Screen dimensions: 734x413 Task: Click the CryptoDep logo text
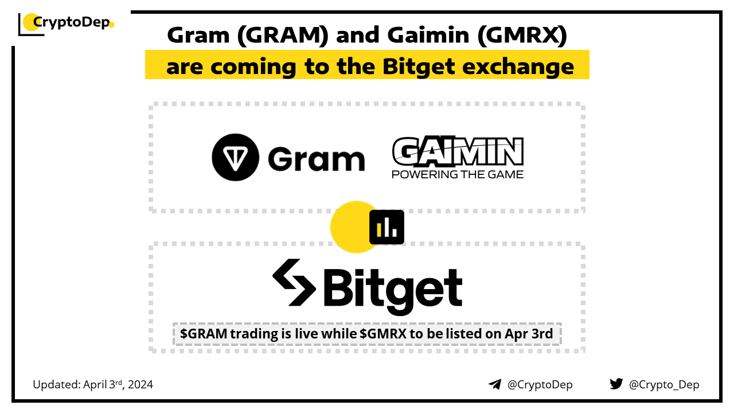pyautogui.click(x=72, y=22)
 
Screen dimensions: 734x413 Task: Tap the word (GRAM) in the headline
pyautogui.click(x=283, y=35)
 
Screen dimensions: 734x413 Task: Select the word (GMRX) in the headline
pyautogui.click(x=522, y=35)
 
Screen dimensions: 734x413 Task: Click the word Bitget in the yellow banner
pyautogui.click(x=419, y=67)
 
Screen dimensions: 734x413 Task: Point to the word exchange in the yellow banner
pyautogui.click(x=518, y=67)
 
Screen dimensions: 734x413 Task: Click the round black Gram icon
pyautogui.click(x=235, y=157)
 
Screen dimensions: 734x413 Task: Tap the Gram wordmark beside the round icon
pyautogui.click(x=316, y=158)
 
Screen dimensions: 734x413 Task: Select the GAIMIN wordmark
pyautogui.click(x=458, y=151)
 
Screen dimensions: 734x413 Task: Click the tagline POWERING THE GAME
pyautogui.click(x=458, y=174)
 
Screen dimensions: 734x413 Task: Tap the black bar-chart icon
pyautogui.click(x=386, y=227)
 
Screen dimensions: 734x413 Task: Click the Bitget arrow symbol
pyautogui.click(x=294, y=283)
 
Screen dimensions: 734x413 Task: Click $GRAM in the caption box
pyautogui.click(x=204, y=334)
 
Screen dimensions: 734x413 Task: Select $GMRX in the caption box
pyautogui.click(x=383, y=334)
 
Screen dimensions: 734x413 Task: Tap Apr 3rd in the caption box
pyautogui.click(x=529, y=334)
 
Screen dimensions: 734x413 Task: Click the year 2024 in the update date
pyautogui.click(x=140, y=384)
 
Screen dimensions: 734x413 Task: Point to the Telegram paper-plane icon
pyautogui.click(x=495, y=384)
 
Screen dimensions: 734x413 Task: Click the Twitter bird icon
pyautogui.click(x=616, y=384)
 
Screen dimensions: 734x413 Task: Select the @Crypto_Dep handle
pyautogui.click(x=664, y=385)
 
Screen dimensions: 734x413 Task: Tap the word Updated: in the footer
pyautogui.click(x=57, y=384)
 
